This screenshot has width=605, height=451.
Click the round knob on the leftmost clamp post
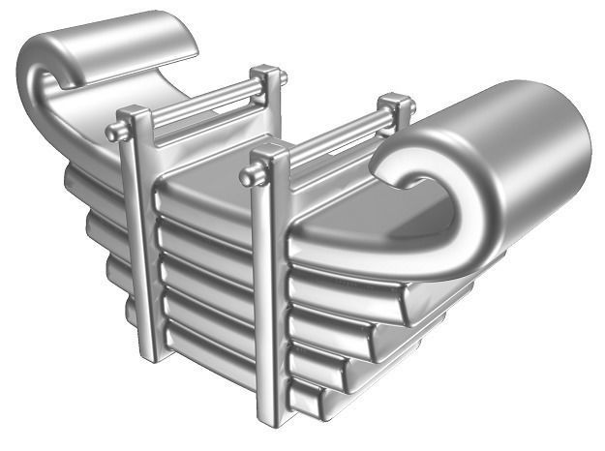pos(113,133)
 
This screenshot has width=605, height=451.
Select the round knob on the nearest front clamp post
pos(248,176)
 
